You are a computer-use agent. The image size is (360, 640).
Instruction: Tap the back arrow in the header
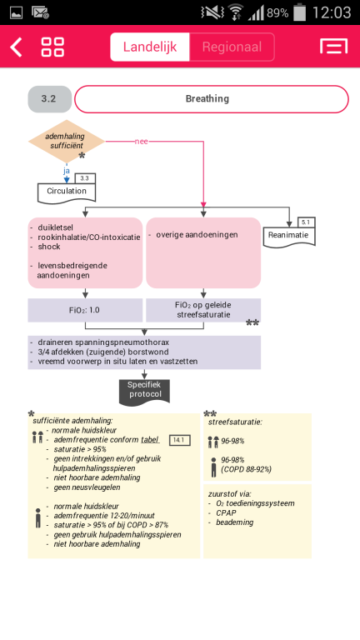(17, 47)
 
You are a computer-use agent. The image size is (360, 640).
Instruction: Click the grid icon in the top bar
(52, 47)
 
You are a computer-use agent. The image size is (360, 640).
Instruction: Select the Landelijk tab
(150, 47)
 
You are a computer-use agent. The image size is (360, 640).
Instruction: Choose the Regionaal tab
(232, 47)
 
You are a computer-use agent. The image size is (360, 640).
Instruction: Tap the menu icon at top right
(334, 47)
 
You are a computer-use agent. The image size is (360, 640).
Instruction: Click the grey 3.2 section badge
(49, 99)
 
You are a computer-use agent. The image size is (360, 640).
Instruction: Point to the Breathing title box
(212, 99)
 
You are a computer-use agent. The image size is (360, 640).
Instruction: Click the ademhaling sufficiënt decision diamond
(67, 141)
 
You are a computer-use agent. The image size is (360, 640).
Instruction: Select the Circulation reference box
(67, 192)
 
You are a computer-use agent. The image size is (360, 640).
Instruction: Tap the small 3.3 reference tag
(85, 178)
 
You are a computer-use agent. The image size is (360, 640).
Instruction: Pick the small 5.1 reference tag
(306, 222)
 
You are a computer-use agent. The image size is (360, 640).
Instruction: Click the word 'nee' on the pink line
(141, 142)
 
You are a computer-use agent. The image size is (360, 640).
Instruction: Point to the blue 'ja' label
(67, 171)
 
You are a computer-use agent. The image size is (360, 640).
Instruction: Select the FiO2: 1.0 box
(85, 310)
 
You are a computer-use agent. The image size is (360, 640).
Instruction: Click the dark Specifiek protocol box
(144, 392)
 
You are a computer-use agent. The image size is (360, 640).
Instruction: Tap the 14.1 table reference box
(180, 440)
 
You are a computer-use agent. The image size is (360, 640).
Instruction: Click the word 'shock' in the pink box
(49, 247)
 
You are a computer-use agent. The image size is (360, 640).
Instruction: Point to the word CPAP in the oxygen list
(226, 513)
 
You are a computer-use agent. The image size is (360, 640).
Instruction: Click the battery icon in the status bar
(300, 12)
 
